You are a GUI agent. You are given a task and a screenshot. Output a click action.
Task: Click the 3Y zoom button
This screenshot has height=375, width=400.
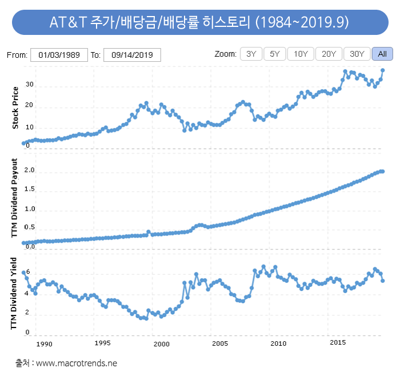[251, 54]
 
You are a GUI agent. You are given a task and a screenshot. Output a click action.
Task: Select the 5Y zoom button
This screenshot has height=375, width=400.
[275, 54]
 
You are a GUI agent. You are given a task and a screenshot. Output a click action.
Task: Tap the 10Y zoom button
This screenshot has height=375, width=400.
[301, 54]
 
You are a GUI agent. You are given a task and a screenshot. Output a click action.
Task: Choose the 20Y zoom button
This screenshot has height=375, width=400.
[329, 54]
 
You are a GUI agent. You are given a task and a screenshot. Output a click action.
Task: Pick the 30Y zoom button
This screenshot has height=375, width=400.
[357, 54]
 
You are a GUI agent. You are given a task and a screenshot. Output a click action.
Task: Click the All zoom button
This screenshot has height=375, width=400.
[382, 54]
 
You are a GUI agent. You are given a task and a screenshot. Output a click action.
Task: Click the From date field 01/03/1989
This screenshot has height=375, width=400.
[58, 55]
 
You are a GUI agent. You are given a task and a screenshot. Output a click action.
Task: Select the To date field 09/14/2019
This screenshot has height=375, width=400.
[132, 55]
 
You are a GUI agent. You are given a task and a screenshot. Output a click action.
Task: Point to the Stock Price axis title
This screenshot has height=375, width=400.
[15, 107]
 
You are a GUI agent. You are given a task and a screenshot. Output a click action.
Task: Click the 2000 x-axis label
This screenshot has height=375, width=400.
[162, 344]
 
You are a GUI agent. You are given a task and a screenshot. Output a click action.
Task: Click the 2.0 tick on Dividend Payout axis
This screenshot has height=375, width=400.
[30, 171]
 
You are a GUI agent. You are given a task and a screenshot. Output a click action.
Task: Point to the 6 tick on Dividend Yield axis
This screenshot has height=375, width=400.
[27, 273]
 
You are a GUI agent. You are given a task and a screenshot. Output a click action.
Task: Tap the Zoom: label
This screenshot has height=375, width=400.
[225, 54]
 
